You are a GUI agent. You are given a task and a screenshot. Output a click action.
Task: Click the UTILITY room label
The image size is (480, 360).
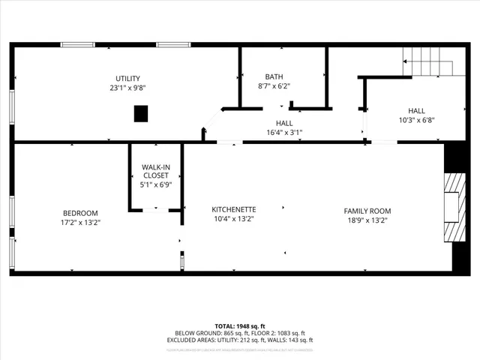(127, 79)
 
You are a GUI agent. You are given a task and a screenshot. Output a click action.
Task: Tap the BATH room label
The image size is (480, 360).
(274, 76)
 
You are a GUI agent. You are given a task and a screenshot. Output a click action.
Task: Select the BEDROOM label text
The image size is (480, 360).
(79, 213)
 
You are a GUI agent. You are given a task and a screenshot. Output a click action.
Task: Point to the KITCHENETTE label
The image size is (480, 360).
(234, 210)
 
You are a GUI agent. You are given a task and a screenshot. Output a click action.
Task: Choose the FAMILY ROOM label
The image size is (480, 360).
(367, 211)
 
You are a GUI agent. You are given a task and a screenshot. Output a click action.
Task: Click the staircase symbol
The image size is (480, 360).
(428, 61)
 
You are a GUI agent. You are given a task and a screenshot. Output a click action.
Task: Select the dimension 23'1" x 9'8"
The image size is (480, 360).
(127, 88)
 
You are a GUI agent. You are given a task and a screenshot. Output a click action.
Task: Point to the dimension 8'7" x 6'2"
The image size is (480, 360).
(274, 85)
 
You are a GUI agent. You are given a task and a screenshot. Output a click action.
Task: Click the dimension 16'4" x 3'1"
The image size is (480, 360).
(284, 132)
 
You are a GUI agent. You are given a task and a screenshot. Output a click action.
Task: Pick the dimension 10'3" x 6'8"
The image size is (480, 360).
(417, 119)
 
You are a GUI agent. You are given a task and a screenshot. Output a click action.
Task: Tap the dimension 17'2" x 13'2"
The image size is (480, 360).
(79, 222)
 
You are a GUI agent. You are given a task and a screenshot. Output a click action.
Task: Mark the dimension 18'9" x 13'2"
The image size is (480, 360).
(367, 220)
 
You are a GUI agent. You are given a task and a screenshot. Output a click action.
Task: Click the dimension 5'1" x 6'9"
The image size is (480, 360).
(156, 184)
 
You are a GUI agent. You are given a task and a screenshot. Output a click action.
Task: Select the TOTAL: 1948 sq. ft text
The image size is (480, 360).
(240, 326)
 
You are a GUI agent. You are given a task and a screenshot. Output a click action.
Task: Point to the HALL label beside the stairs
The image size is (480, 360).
(417, 110)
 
